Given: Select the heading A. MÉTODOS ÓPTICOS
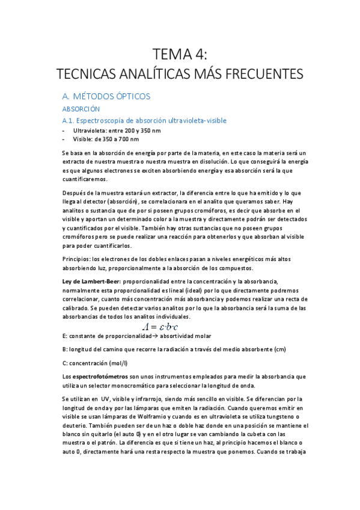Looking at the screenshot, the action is [x=106, y=96].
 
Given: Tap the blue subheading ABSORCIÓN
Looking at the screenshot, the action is [x=81, y=109].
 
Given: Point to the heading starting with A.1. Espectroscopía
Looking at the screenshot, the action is [x=144, y=120].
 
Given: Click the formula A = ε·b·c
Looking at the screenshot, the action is [x=164, y=325].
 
